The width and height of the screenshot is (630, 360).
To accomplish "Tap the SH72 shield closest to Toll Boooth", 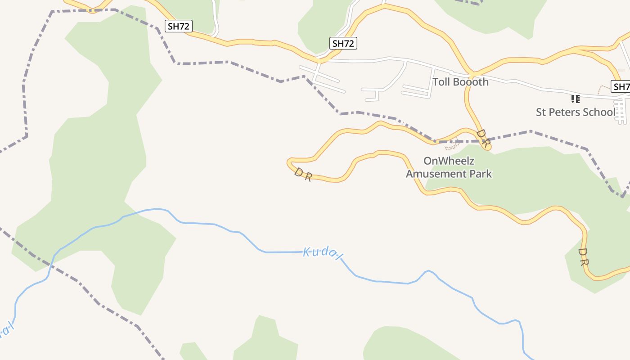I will click(x=343, y=43).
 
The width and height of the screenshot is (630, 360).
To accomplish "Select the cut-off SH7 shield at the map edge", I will click(x=621, y=86).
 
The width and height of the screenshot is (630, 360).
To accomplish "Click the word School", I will click(x=599, y=112).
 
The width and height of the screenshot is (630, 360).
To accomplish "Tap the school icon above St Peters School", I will click(x=575, y=99).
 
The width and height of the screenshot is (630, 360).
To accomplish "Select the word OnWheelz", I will click(x=449, y=161).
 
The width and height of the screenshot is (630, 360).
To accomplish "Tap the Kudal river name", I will click(x=323, y=253).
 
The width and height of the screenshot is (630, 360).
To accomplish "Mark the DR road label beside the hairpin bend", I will click(x=303, y=175).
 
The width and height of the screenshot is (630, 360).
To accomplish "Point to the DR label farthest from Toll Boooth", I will click(x=583, y=256).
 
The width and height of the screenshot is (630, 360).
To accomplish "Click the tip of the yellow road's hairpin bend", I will click(x=289, y=162).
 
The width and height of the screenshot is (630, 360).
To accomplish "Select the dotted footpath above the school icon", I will click(x=602, y=89).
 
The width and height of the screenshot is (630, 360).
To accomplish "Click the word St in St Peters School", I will click(x=541, y=112).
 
